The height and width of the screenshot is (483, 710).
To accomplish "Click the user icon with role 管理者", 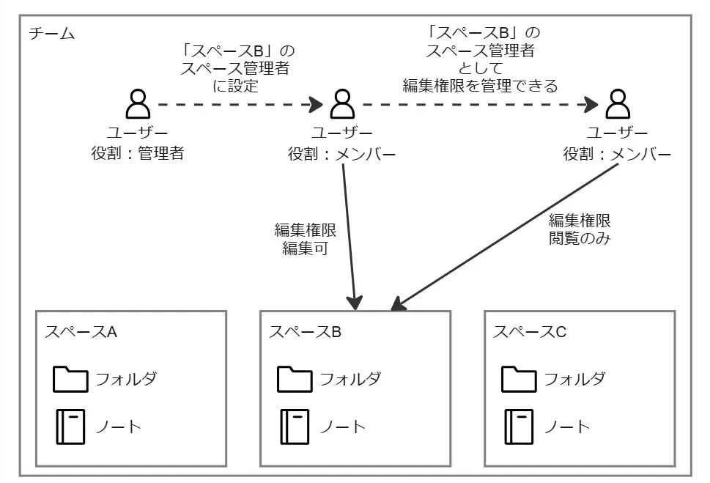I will (137, 105).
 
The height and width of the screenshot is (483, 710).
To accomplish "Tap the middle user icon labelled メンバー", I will (342, 105).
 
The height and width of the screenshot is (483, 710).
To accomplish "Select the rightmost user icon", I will (618, 105).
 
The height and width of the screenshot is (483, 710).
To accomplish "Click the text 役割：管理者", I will (137, 154).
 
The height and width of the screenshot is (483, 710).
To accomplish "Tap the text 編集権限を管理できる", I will (480, 85).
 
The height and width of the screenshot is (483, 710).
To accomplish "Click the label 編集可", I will (304, 248).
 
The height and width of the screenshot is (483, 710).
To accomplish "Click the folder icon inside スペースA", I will (70, 380).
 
